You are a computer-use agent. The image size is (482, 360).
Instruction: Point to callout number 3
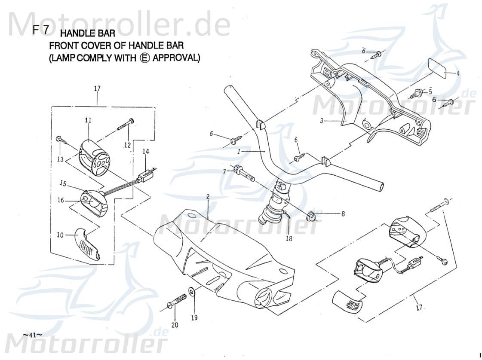(321, 121)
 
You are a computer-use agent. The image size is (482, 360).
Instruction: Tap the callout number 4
(458, 73)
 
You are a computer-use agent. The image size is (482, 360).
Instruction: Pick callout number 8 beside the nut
(343, 213)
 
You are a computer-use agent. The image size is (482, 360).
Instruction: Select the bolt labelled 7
(244, 174)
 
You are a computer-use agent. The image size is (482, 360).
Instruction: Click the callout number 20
(175, 325)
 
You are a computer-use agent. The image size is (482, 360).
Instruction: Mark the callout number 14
(146, 151)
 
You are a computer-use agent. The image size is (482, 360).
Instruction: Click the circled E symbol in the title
(144, 58)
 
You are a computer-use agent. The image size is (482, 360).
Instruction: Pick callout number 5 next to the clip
(430, 91)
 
